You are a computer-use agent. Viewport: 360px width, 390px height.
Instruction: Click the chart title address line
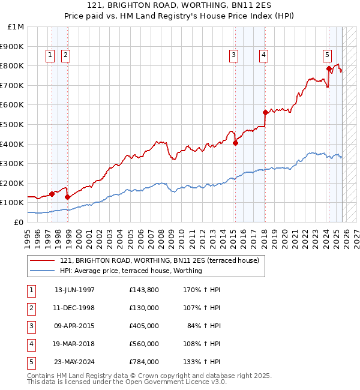179,5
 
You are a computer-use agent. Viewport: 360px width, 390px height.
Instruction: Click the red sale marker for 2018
265,112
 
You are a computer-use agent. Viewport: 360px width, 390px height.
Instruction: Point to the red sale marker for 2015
235,143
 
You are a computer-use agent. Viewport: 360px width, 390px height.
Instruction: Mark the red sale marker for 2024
329,68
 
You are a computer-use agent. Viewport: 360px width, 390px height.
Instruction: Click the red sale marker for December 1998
67,197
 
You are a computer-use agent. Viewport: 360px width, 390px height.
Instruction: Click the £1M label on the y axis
16,27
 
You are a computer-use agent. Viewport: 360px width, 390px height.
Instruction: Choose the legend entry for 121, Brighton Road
159,260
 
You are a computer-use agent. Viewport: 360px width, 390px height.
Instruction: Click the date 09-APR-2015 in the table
74,326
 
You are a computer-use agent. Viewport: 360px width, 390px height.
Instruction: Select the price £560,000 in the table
143,344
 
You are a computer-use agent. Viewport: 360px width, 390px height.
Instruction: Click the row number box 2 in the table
30,308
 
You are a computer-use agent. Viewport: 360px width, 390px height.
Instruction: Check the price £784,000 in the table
143,362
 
